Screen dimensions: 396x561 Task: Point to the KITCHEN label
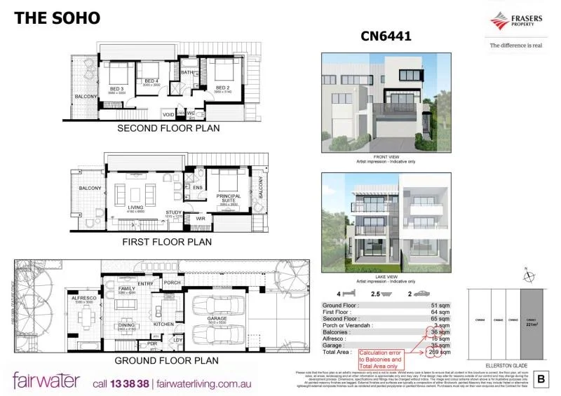(163, 325)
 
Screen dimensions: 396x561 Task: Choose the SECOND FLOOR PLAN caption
(168, 128)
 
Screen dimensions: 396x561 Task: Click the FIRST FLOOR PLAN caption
(167, 242)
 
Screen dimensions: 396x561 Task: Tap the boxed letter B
(541, 379)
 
